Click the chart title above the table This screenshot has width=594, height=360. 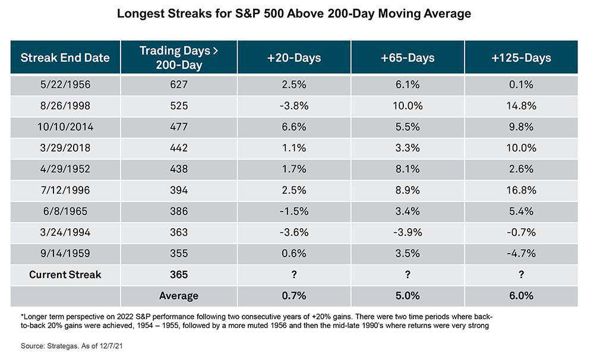click(294, 14)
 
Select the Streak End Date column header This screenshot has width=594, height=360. click(65, 58)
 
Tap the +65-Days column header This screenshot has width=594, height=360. click(407, 58)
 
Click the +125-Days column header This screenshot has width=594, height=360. click(522, 58)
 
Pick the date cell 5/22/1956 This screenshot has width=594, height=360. click(65, 84)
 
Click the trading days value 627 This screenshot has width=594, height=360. click(179, 84)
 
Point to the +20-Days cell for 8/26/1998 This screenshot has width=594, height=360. click(294, 106)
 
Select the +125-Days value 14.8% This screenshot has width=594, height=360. click(522, 106)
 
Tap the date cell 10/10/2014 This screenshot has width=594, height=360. click(65, 127)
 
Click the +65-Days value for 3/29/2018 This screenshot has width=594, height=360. click(407, 148)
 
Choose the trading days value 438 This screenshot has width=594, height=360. click(179, 169)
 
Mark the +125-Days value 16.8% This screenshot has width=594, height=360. click(522, 190)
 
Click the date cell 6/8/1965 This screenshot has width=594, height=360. click(65, 211)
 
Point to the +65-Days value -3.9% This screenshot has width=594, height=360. click(407, 232)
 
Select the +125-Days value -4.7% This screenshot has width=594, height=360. click(522, 254)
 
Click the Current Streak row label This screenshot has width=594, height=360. click(65, 274)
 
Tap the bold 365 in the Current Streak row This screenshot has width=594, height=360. click(179, 274)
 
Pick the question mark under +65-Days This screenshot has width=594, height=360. click(407, 274)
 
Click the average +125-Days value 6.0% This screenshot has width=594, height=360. click(522, 296)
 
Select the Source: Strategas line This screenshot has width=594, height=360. click(72, 346)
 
